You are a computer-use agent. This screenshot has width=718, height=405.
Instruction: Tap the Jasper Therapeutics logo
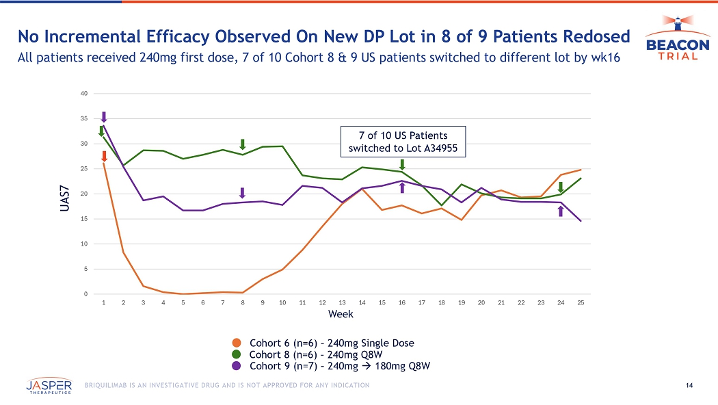pyautogui.click(x=50, y=386)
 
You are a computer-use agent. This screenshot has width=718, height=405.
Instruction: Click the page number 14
pyautogui.click(x=689, y=386)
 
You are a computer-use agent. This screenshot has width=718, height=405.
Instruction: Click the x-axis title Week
pyautogui.click(x=341, y=314)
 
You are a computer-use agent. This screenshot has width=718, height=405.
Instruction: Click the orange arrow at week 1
pyautogui.click(x=104, y=157)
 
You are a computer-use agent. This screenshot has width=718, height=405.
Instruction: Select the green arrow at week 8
pyautogui.click(x=243, y=144)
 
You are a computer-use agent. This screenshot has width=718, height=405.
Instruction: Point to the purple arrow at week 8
pyautogui.click(x=242, y=193)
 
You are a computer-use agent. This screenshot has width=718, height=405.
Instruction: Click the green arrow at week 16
pyautogui.click(x=402, y=164)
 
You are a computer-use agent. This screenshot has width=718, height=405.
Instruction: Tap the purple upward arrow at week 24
pyautogui.click(x=561, y=211)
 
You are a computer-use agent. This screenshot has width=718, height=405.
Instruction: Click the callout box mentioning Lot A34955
pyautogui.click(x=403, y=141)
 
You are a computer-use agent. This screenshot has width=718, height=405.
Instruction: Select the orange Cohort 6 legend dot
pyautogui.click(x=237, y=343)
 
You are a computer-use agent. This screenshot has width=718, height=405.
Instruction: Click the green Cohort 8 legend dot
pyautogui.click(x=237, y=354)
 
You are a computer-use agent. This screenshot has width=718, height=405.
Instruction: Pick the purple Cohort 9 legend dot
pyautogui.click(x=237, y=366)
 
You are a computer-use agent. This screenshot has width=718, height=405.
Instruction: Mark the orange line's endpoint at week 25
pyautogui.click(x=581, y=170)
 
